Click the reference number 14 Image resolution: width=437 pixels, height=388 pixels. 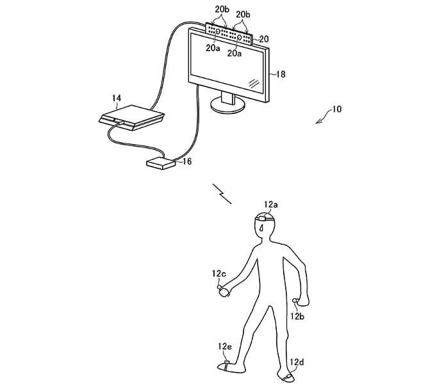pyautogui.click(x=117, y=99)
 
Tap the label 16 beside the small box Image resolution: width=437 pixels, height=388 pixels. pyautogui.click(x=187, y=161)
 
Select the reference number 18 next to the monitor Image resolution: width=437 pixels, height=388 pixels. pyautogui.click(x=281, y=74)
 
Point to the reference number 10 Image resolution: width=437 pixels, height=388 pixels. pyautogui.click(x=336, y=109)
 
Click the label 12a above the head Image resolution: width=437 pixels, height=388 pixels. pyautogui.click(x=271, y=205)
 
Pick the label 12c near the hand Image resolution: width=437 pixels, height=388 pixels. pyautogui.click(x=218, y=274)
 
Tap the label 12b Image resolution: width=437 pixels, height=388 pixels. pyautogui.click(x=297, y=316)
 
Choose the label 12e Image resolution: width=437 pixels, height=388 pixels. pyautogui.click(x=225, y=346)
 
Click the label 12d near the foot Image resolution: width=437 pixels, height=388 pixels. pyautogui.click(x=297, y=362)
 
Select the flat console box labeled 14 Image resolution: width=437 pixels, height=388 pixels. pyautogui.click(x=131, y=118)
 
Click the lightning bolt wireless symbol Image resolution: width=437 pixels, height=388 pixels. pyautogui.click(x=222, y=194)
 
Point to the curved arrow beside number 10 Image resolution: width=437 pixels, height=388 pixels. pyautogui.click(x=323, y=117)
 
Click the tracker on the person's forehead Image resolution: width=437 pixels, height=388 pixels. pyautogui.click(x=262, y=218)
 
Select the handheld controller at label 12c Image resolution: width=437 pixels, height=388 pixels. pyautogui.click(x=224, y=291)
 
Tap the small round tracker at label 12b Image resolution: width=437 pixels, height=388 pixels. pyautogui.click(x=295, y=300)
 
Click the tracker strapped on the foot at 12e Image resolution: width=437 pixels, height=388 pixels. pyautogui.click(x=227, y=362)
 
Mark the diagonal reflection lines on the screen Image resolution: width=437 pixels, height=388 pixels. pyautogui.click(x=254, y=83)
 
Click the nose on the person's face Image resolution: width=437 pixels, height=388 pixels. pyautogui.click(x=261, y=229)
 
